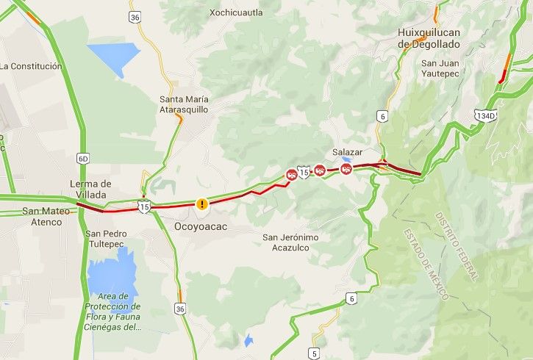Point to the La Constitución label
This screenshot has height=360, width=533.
click(x=31, y=66)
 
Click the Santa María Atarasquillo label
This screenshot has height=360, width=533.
click(x=185, y=104)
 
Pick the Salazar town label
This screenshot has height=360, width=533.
click(x=348, y=151)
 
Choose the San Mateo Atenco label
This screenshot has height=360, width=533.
click(x=46, y=216)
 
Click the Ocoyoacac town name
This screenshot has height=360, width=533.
click(x=201, y=227)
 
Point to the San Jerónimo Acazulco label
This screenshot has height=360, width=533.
click(x=291, y=242)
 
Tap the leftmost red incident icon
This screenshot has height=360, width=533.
click(x=292, y=174)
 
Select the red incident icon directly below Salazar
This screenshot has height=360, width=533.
click(x=346, y=169)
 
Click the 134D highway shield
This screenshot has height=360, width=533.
click(x=486, y=115)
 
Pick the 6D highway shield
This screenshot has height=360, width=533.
click(x=82, y=158)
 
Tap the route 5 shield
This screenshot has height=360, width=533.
click(x=315, y=353)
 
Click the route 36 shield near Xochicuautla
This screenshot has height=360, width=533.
click(x=135, y=16)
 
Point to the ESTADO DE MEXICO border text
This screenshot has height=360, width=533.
click(x=426, y=263)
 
